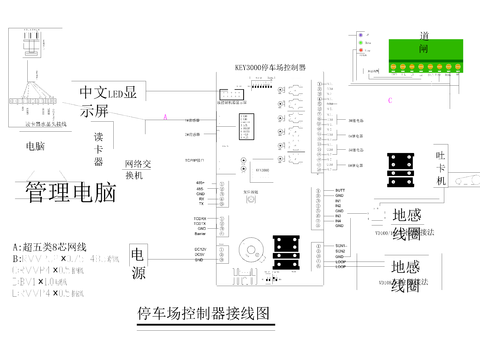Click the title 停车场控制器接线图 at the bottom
point(204,314)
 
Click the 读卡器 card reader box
point(99,145)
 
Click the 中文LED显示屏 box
point(113,101)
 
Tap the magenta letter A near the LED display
point(166,117)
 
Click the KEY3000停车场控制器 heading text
point(270,68)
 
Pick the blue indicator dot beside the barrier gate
point(362,35)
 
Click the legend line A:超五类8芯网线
point(50,247)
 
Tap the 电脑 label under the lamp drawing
point(34,146)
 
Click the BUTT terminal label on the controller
point(340,190)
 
